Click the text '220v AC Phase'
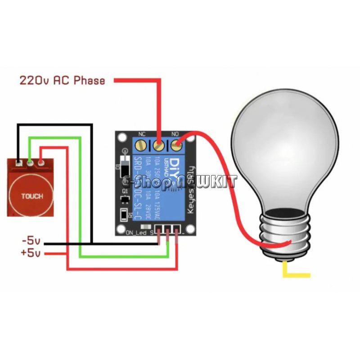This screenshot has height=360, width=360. (62, 81)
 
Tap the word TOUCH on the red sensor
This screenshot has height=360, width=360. (32, 196)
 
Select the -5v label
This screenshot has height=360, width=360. (31, 240)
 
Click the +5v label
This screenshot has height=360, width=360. (30, 253)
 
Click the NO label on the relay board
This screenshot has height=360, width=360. (176, 134)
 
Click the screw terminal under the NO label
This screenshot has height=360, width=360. (176, 145)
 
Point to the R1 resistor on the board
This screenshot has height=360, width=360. (124, 215)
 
